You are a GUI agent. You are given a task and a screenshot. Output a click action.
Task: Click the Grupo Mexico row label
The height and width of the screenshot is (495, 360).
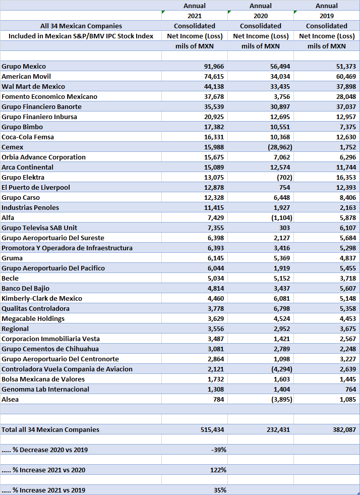[x=24, y=66]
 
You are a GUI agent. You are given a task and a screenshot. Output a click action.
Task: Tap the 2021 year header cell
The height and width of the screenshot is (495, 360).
[x=194, y=16]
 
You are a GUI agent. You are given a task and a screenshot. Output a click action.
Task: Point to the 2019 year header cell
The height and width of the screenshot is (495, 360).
[x=326, y=16]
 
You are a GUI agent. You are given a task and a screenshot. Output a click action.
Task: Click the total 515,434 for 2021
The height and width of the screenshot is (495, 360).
[x=210, y=429]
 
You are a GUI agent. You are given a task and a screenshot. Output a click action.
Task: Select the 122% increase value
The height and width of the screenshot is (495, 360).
[x=218, y=470]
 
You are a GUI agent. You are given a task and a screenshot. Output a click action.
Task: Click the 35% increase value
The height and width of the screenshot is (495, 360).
[x=219, y=490]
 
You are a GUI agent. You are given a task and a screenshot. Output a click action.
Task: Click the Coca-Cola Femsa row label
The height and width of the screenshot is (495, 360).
[x=28, y=137]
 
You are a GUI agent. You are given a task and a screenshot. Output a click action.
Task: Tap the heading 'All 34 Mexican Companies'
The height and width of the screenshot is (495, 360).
[x=81, y=26]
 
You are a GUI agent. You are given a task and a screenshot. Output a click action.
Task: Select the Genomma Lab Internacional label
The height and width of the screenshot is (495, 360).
[x=45, y=389]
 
